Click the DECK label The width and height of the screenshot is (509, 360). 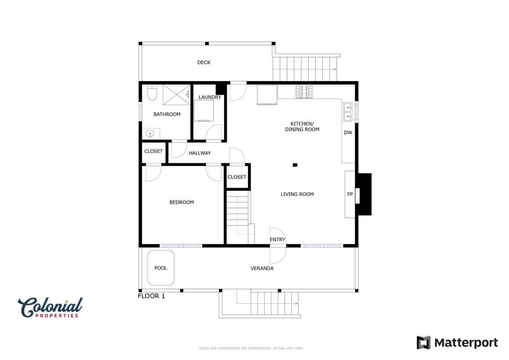pos(204,63)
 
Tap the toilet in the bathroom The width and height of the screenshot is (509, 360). pos(152,93)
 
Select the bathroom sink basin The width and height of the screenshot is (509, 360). pos(150,133)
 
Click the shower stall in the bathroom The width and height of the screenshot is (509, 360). pos(176,95)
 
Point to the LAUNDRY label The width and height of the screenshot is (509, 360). pos(210,97)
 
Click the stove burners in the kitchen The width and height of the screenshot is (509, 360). pos(304,92)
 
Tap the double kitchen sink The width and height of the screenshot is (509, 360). pos(348,112)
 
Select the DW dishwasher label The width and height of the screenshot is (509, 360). pos(348,132)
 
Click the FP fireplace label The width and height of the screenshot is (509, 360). pos(350,194)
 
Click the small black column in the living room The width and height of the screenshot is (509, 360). pos(295,165)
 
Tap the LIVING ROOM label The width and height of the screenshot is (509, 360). pos(297,194)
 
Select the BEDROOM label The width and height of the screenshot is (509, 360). pos(181,202)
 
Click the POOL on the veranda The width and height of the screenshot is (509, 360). pos(161,268)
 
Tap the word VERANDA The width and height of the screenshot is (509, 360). pos(262,268)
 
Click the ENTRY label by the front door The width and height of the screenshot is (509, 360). pos(278,239)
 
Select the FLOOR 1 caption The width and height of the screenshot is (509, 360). pos(151,296)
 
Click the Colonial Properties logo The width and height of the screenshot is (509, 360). pos(50,308)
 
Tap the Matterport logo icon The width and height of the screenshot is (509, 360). pos(423,343)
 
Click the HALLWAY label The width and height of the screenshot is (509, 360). pos(200,153)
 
